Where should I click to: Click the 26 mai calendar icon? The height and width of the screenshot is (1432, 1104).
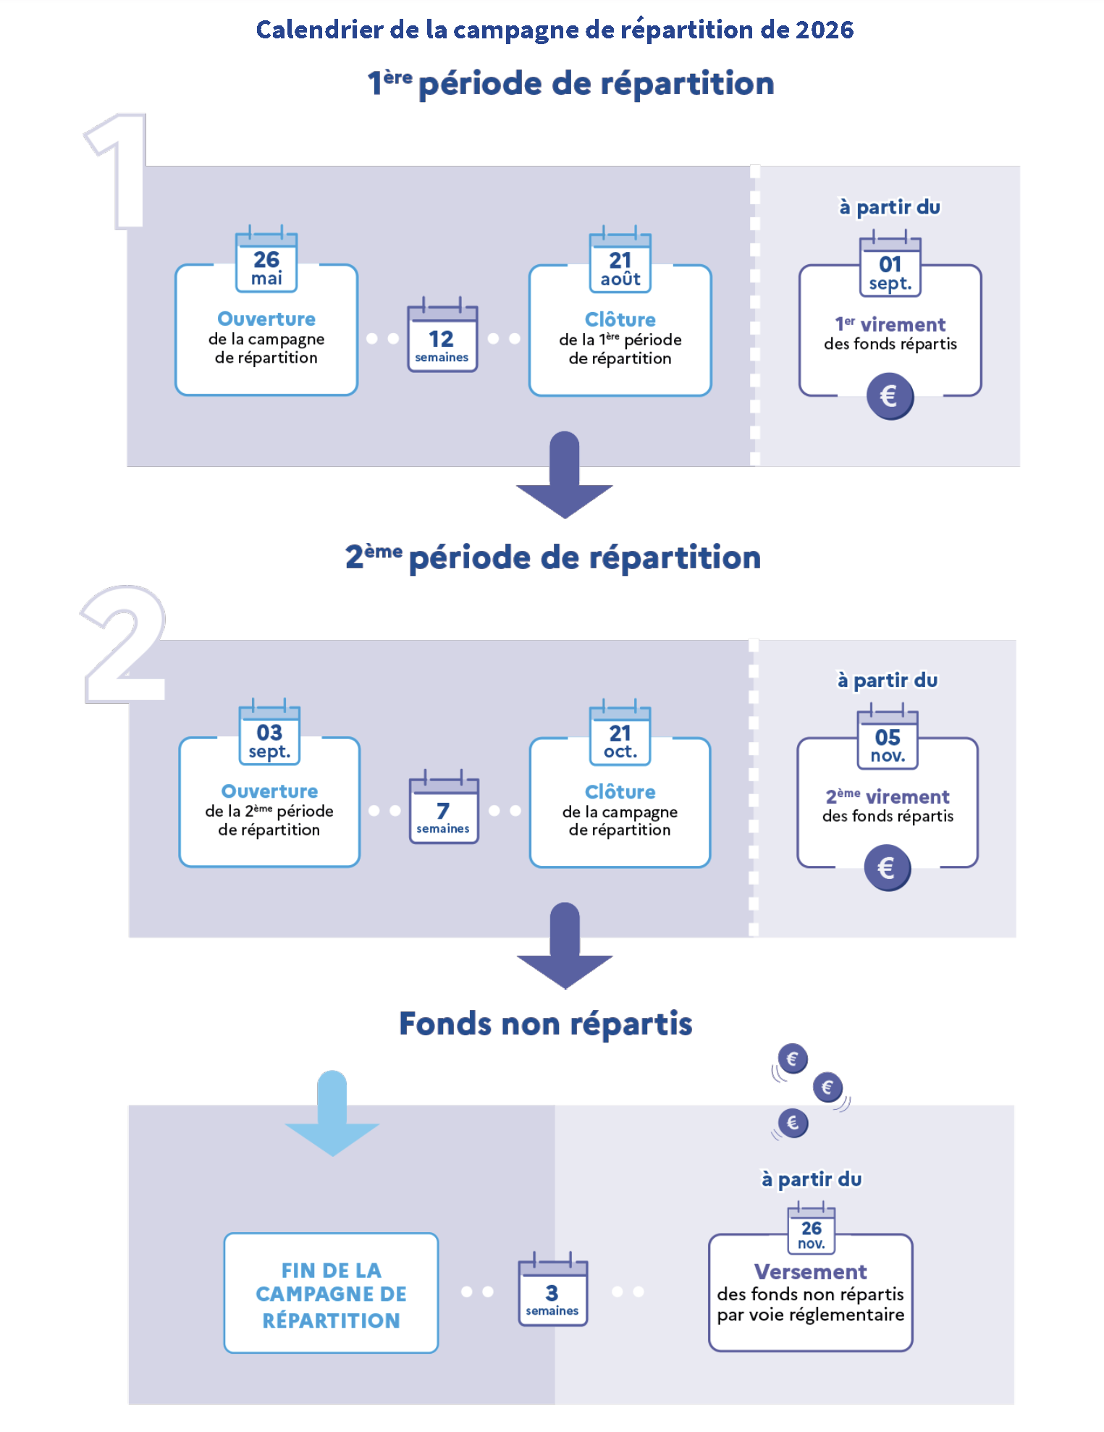pyautogui.click(x=266, y=261)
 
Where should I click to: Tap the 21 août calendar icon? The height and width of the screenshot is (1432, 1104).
pyautogui.click(x=620, y=261)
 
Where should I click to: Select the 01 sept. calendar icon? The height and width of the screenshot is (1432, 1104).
pyautogui.click(x=890, y=266)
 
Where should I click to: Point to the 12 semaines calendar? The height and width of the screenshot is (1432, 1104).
pyautogui.click(x=442, y=337)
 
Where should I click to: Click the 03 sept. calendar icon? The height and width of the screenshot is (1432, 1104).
pyautogui.click(x=269, y=733)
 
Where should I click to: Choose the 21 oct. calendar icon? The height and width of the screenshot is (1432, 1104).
pyautogui.click(x=620, y=734)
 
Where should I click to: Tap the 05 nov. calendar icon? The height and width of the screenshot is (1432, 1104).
pyautogui.click(x=888, y=738)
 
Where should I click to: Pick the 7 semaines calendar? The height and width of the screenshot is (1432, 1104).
pyautogui.click(x=443, y=809)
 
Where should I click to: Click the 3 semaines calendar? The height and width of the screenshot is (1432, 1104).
pyautogui.click(x=552, y=1290)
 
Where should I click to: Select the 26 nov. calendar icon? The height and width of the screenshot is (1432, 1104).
pyautogui.click(x=812, y=1229)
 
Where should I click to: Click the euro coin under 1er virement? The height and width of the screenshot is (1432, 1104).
pyautogui.click(x=890, y=396)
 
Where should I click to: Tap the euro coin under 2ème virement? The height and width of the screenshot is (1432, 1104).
pyautogui.click(x=887, y=867)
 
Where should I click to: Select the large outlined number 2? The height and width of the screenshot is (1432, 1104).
pyautogui.click(x=124, y=644)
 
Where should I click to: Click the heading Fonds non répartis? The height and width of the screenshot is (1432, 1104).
pyautogui.click(x=546, y=1024)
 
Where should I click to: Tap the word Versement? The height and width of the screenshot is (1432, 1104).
pyautogui.click(x=811, y=1272)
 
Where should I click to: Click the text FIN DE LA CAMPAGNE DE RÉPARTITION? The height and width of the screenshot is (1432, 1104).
pyautogui.click(x=331, y=1294)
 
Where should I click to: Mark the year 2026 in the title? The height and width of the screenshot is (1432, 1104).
pyautogui.click(x=825, y=30)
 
